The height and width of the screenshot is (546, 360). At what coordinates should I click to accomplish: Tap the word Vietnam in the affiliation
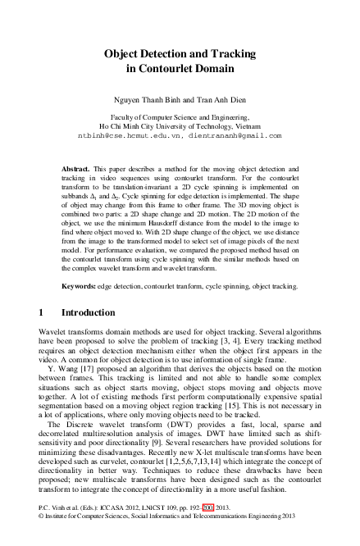(264, 126)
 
